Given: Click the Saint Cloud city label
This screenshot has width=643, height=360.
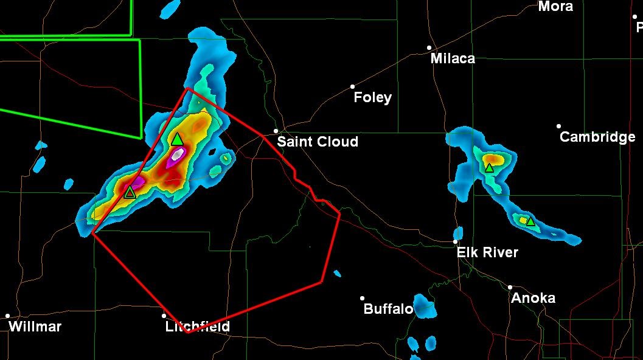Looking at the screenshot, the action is pos(318,142).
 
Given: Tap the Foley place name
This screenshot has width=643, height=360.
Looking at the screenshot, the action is pos(372,97).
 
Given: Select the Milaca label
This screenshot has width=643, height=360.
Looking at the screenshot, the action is pos(453,58).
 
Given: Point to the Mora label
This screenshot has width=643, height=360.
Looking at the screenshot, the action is pos(555,7).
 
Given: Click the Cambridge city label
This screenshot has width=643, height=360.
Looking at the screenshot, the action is pos(597,137).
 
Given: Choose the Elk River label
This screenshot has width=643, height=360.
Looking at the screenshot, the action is pos(487,252).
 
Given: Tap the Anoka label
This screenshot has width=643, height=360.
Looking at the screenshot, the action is pos(533,298).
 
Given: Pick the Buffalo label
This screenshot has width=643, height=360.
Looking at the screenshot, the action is pos(388,309).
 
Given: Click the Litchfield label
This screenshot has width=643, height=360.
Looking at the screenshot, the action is pos(198,327).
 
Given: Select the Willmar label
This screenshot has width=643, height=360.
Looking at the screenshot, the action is pos(35,327).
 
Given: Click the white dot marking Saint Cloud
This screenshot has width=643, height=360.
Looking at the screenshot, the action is pos(276,131).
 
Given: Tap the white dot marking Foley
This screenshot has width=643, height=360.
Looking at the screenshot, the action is pos(352,86).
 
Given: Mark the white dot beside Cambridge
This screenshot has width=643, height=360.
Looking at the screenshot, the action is pos(558,126).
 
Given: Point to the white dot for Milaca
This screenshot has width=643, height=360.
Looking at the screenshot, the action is pos(429,47).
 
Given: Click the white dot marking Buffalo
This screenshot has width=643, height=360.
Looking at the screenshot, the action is pos(362,298).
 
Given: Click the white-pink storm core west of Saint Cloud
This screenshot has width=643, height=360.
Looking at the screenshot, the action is pos(176,155).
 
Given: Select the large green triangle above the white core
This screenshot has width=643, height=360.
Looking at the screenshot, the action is pos(177,139).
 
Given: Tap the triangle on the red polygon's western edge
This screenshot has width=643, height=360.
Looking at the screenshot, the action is pos(130,192).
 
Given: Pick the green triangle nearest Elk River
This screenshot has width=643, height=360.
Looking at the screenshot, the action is pos(530,221).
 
